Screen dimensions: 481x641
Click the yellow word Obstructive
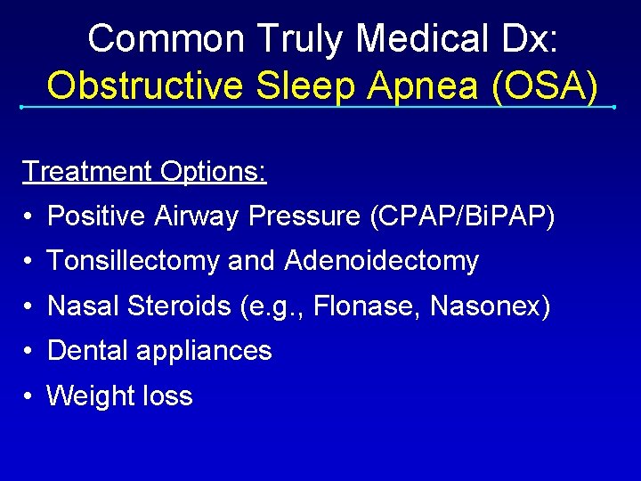tap(142, 86)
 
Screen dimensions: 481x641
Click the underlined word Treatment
tap(86, 171)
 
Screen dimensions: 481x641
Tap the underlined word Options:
tap(213, 171)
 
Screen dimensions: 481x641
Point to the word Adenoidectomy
tap(382, 261)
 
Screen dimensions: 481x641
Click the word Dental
tap(87, 351)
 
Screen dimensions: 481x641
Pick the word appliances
tap(204, 351)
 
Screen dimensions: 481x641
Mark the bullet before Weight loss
tap(30, 396)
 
